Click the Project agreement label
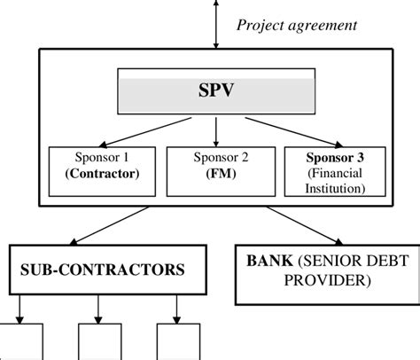pyautogui.click(x=296, y=25)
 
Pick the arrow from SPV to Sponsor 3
pyautogui.click(x=279, y=130)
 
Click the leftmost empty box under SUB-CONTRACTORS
pyautogui.click(x=21, y=341)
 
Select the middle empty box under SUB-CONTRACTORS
pyautogui.click(x=99, y=341)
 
